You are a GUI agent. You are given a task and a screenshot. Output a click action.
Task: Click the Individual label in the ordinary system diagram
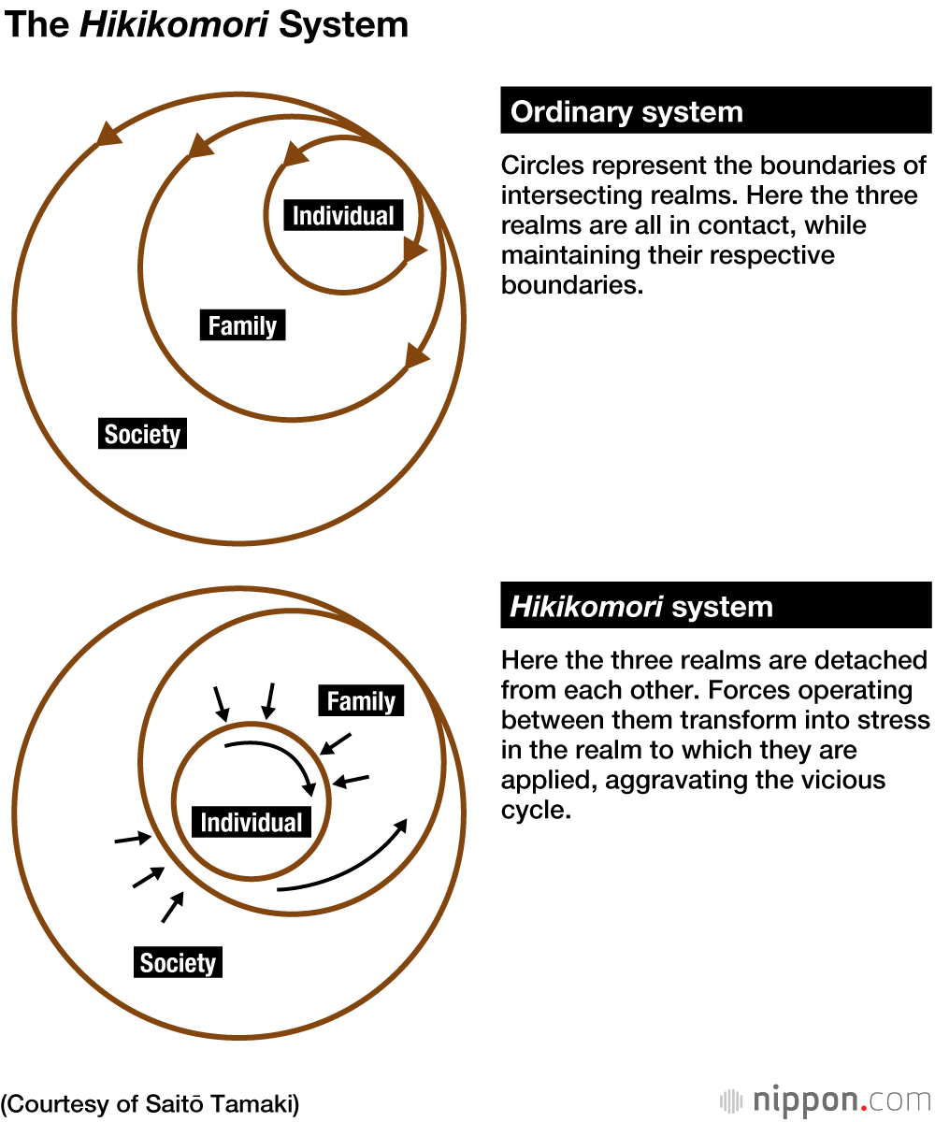coord(344,216)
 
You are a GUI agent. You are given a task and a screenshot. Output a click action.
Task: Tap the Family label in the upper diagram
coord(242,326)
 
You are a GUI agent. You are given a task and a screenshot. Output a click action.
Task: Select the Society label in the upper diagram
coord(142,435)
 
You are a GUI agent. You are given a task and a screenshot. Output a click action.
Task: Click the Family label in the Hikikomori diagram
coord(361,701)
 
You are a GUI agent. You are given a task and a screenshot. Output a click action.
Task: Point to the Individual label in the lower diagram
coord(252,823)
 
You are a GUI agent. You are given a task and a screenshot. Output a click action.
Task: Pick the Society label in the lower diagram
coord(178,963)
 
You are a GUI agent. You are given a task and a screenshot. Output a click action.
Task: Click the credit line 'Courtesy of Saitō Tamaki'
coord(151,1103)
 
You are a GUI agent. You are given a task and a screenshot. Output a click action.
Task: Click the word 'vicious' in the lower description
coord(817,780)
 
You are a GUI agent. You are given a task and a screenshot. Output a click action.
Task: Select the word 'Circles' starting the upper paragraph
coord(542,166)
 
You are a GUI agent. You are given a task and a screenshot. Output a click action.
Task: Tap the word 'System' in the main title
coord(344,24)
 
